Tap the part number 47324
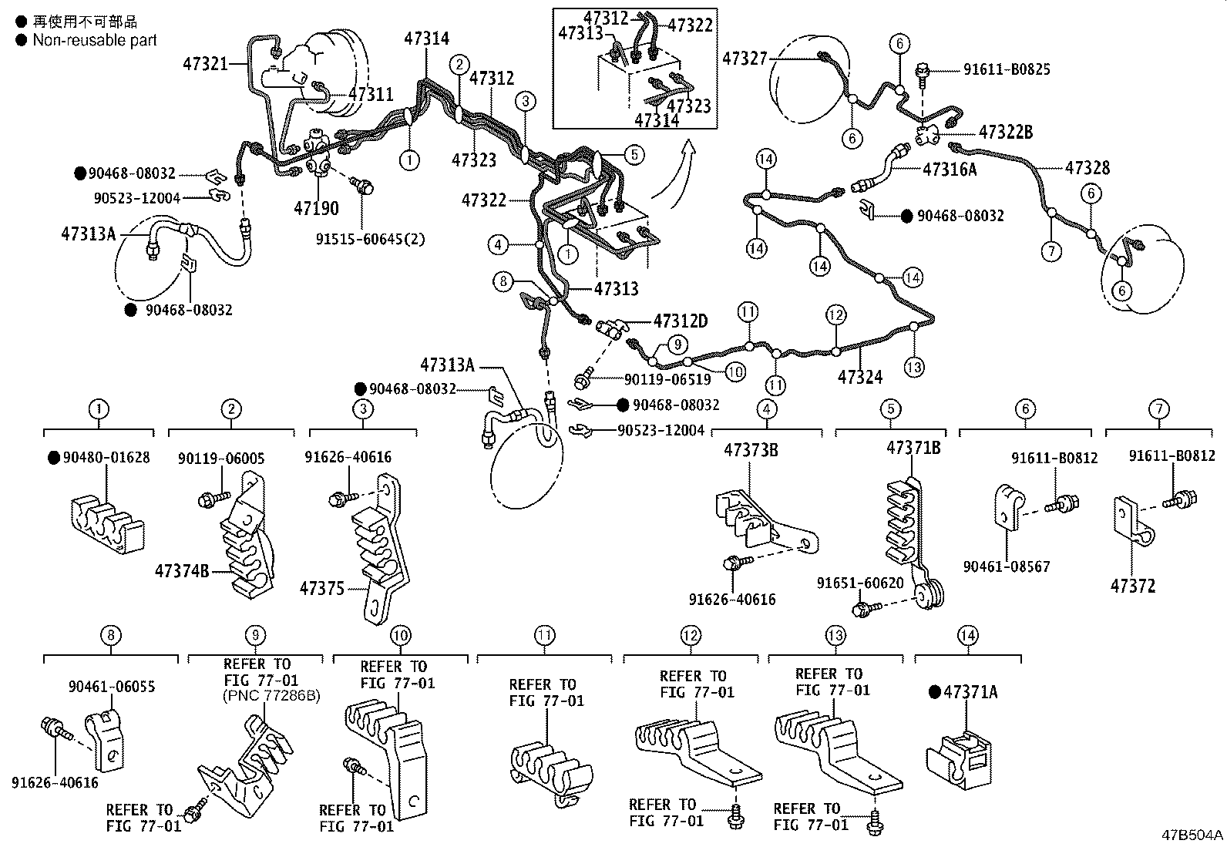coord(860,377)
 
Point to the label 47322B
coord(1005,132)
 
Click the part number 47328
coord(1087,167)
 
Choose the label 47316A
coord(950,170)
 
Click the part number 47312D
coord(680,321)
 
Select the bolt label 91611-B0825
coord(1007,69)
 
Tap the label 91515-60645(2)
coord(359,239)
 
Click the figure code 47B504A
coord(1192,835)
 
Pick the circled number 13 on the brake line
coord(913,368)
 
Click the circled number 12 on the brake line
coord(835,314)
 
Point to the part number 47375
coord(322,588)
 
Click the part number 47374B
coord(182,571)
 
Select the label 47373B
coord(751,449)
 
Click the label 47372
coord(1133,586)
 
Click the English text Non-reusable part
coord(95,40)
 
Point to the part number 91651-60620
coord(860,583)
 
